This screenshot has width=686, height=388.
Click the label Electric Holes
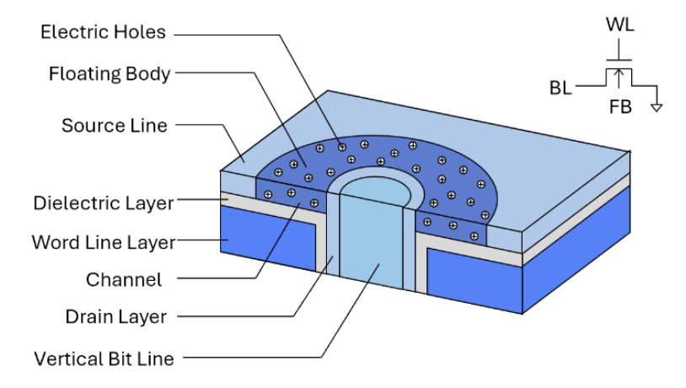pos(104,32)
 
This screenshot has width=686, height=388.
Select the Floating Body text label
pos(110,74)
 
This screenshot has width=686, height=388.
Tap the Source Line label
pos(115,126)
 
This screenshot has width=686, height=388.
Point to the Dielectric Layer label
pos(104,203)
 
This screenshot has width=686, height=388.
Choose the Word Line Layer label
pos(104,243)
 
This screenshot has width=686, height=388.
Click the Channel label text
pos(124,280)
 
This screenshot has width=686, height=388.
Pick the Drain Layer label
pos(116,317)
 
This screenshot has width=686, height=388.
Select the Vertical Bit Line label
pos(105,359)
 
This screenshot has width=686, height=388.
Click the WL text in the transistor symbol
pos(620,25)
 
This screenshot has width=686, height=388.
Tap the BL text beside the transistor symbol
pos(560,89)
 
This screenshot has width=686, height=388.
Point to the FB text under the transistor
pos(620,107)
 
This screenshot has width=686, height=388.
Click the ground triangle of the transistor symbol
pos(657,107)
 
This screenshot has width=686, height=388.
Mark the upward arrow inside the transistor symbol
pos(619,78)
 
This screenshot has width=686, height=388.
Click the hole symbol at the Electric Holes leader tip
pos(342,148)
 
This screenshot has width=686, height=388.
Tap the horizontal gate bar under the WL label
pos(619,60)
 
